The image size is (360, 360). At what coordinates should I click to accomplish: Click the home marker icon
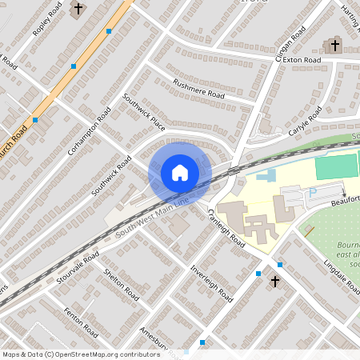[x=180, y=172]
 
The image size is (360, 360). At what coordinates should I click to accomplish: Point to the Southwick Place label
[x=143, y=113]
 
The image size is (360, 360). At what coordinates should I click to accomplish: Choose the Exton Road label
[x=302, y=60]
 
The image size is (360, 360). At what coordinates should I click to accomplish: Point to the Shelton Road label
[x=122, y=284]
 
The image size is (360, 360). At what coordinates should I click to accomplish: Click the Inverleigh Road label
[x=212, y=284]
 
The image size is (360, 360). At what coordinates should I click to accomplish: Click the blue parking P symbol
[x=313, y=193]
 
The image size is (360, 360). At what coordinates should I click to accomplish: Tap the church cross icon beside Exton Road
[x=335, y=45]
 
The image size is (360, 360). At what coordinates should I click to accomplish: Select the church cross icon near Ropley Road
[x=78, y=10]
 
